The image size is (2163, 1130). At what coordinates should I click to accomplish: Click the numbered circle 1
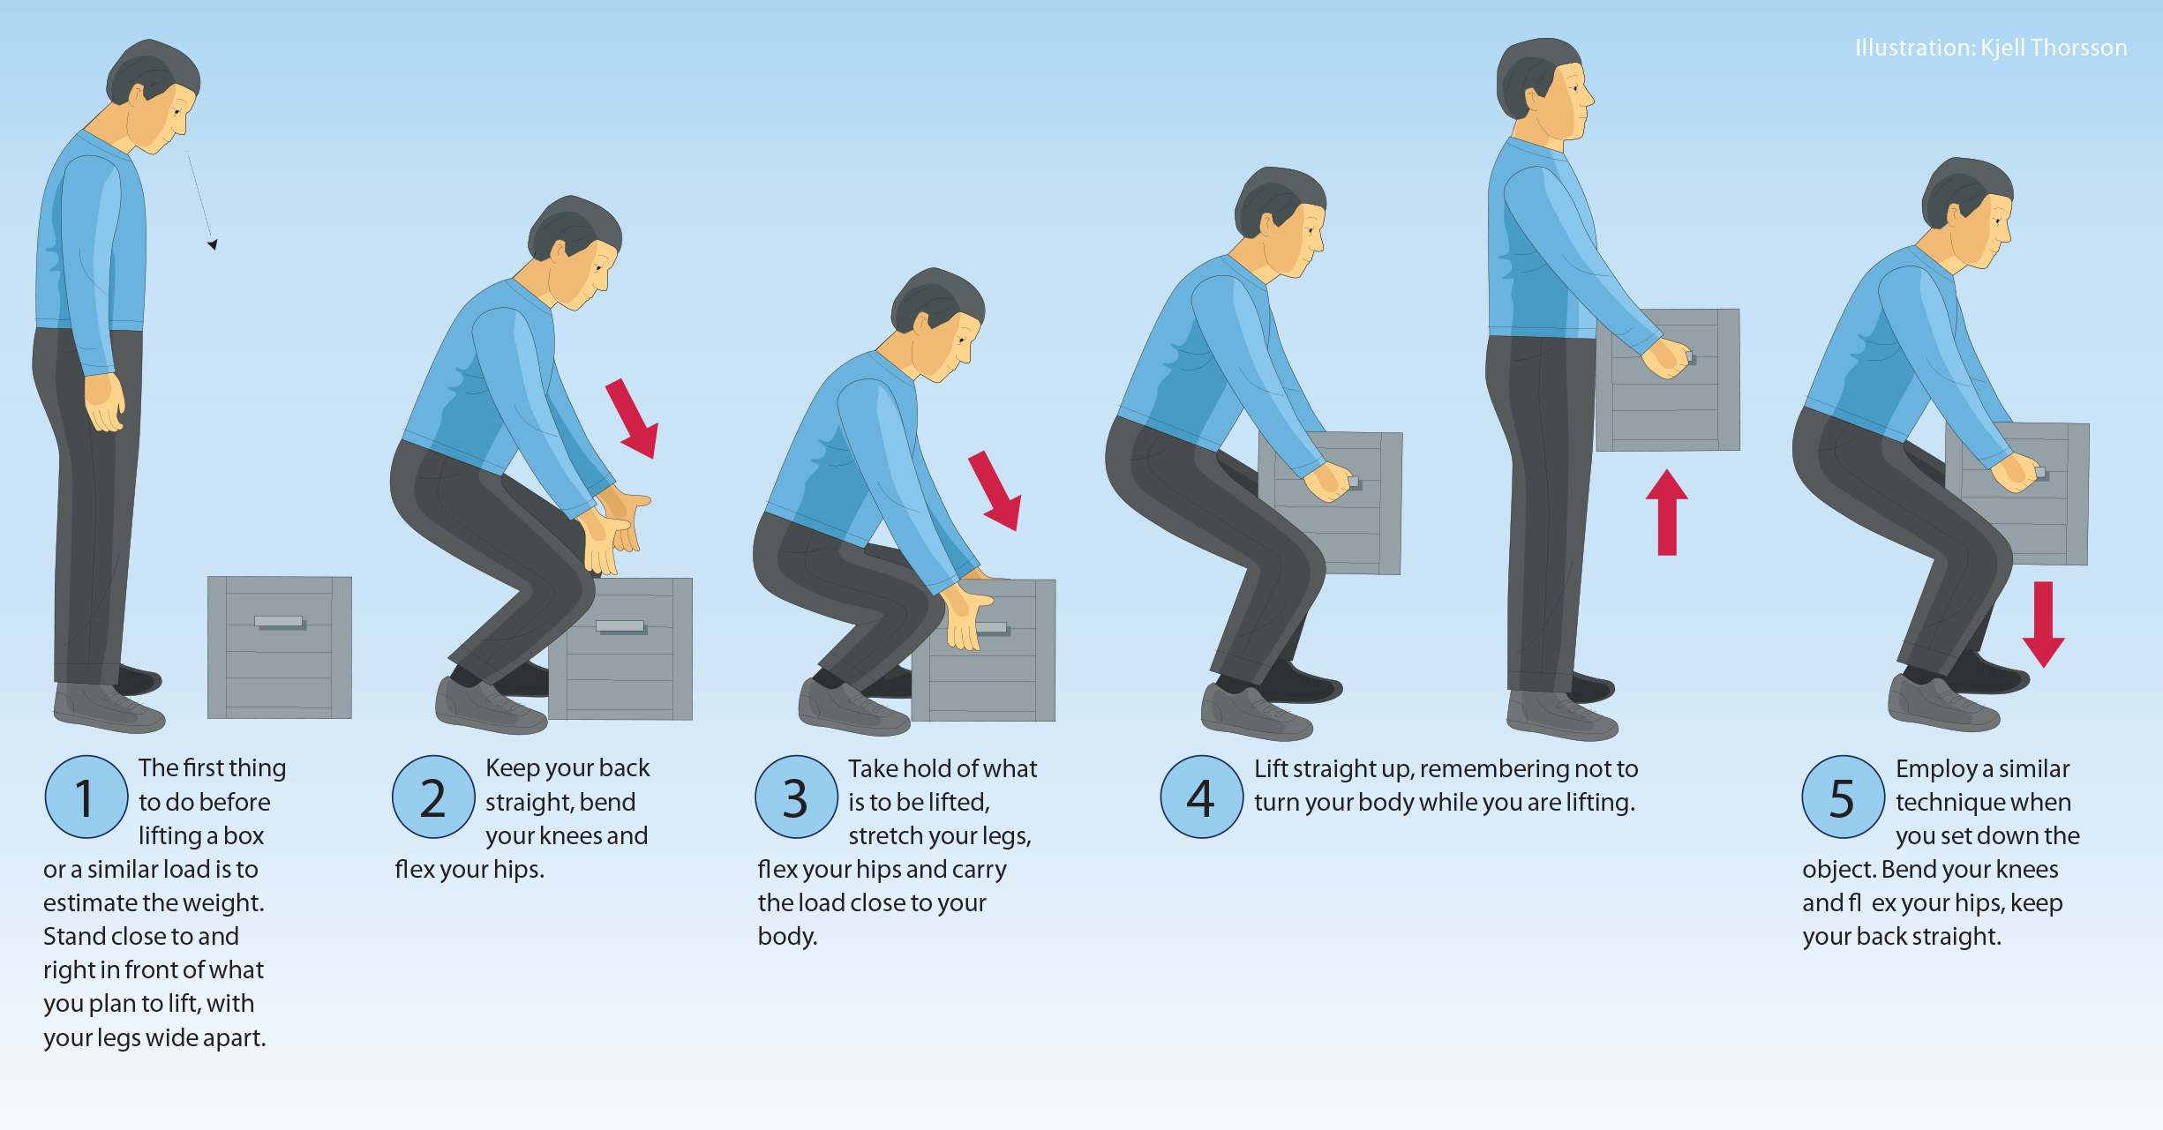tap(86, 797)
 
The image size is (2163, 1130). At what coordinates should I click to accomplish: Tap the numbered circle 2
tap(433, 797)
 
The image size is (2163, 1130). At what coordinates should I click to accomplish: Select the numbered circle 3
tap(796, 797)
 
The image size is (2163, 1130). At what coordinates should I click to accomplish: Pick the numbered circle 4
tap(1201, 797)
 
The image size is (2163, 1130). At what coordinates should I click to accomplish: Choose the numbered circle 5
tap(1843, 797)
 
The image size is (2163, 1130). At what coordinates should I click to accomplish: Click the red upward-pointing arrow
tap(1666, 513)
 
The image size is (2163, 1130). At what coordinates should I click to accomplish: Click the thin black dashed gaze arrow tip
tap(213, 244)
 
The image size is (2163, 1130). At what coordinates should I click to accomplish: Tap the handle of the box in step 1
tap(279, 621)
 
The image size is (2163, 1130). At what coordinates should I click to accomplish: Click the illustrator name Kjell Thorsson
tap(2054, 48)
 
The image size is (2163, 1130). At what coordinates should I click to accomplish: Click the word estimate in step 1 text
tap(90, 903)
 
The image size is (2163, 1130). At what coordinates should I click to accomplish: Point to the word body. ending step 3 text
tap(787, 937)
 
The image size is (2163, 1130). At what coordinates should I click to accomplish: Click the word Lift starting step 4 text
tap(1271, 769)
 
